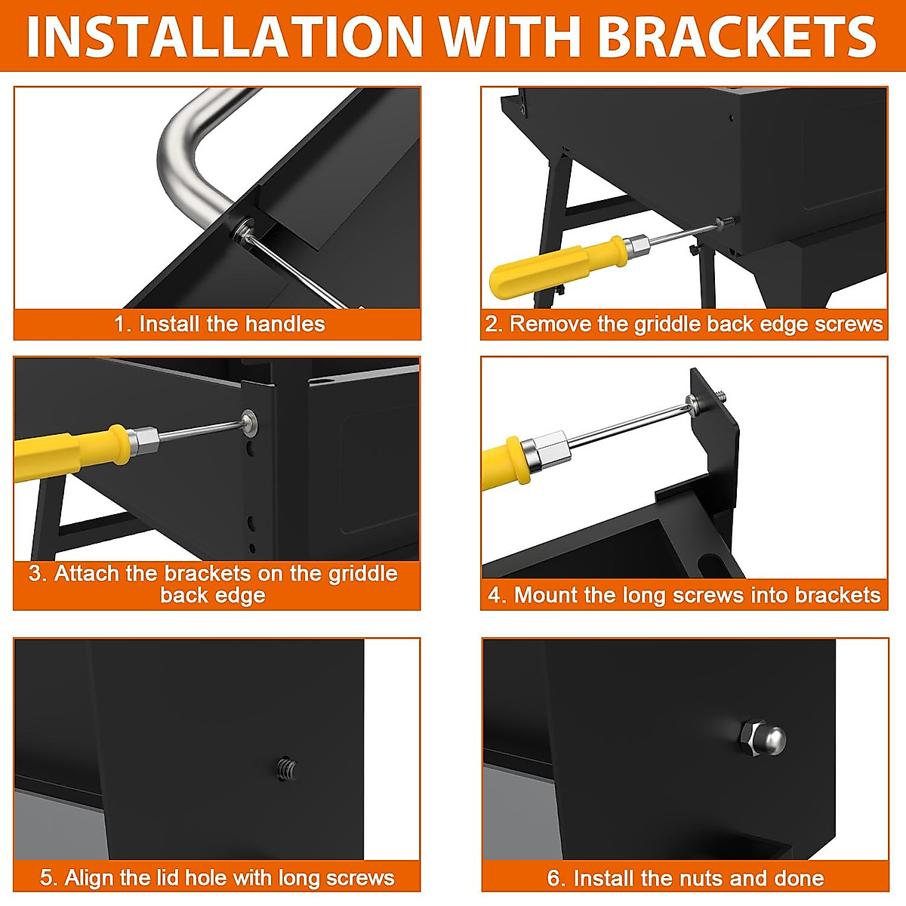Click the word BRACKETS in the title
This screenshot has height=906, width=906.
click(738, 37)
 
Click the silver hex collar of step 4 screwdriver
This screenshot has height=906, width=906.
click(547, 452)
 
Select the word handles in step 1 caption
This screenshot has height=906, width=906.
click(285, 325)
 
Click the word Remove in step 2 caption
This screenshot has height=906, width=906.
click(550, 325)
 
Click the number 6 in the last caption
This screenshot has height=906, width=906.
click(553, 878)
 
